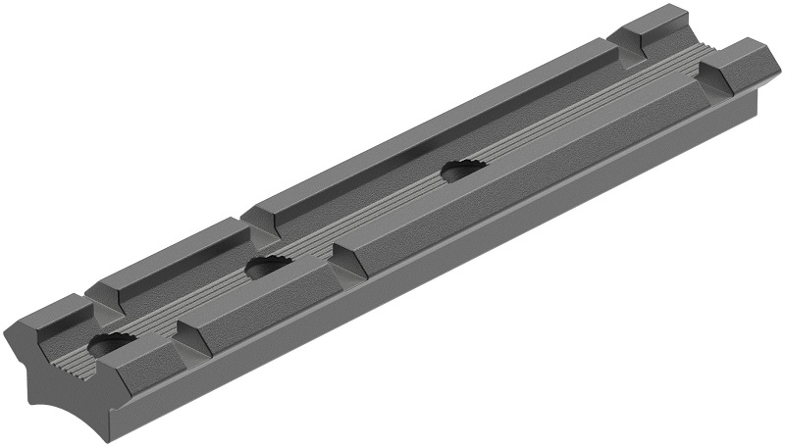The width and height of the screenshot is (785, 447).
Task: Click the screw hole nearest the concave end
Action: [x=110, y=344]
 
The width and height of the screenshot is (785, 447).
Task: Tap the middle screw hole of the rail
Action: [x=268, y=265]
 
